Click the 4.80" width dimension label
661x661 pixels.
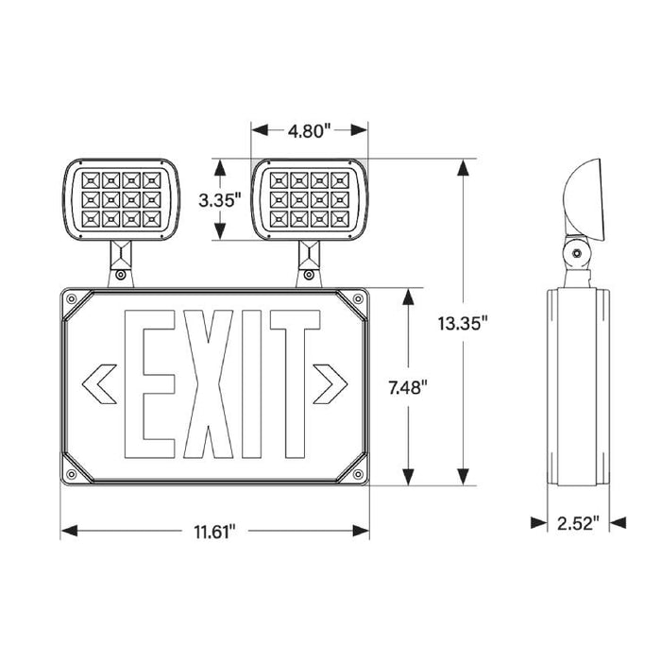309,131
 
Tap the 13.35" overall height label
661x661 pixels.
462,324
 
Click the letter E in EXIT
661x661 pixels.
152,385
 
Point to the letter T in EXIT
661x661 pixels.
294,385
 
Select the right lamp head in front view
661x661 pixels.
309,197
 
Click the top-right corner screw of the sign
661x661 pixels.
358,300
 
